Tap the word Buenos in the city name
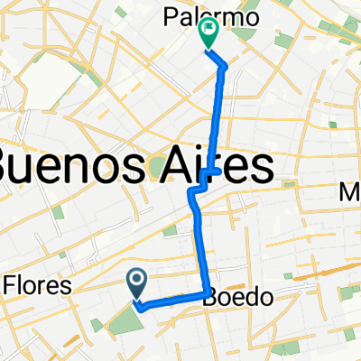click(x=72, y=167)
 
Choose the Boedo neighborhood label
click(x=233, y=295)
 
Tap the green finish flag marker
click(x=208, y=33)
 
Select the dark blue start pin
click(x=137, y=283)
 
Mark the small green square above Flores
click(x=58, y=213)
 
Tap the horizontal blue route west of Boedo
click(x=171, y=300)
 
